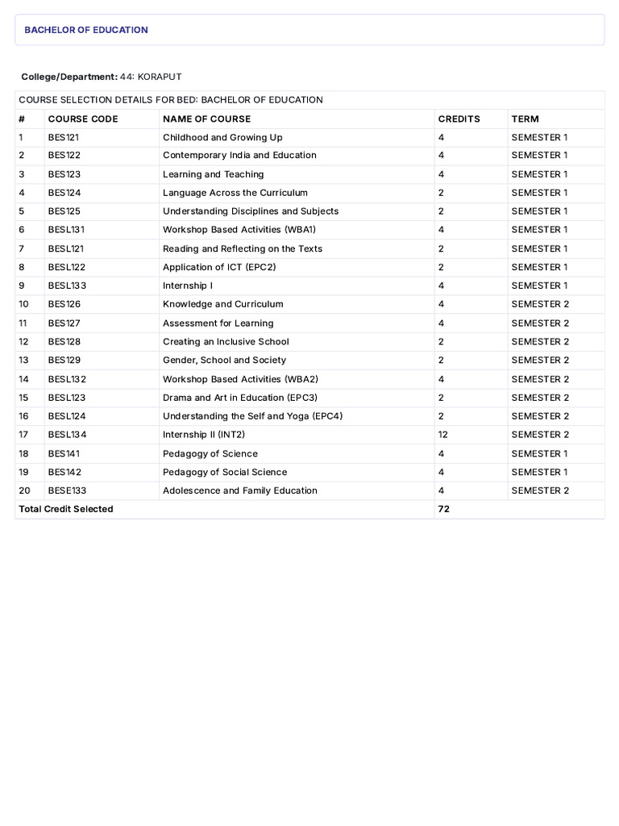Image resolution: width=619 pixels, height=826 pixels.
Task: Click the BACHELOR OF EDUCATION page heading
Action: pyautogui.click(x=86, y=30)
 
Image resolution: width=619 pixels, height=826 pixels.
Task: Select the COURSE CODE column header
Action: pyautogui.click(x=83, y=119)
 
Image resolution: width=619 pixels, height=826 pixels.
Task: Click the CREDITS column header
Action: pyautogui.click(x=459, y=119)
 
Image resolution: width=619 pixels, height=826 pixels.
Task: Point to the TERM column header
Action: pyautogui.click(x=525, y=119)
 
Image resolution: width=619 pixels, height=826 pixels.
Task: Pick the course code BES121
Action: pyautogui.click(x=64, y=137)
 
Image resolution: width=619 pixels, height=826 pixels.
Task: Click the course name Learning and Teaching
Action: pyautogui.click(x=213, y=174)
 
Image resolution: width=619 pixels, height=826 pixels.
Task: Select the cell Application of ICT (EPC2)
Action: pyautogui.click(x=219, y=267)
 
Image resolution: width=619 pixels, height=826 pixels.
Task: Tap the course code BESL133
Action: pyautogui.click(x=67, y=286)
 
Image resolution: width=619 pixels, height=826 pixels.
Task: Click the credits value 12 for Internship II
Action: pyautogui.click(x=443, y=434)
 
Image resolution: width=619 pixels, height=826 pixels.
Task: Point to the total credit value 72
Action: pyautogui.click(x=443, y=509)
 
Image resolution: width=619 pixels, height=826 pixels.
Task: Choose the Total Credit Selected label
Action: pyautogui.click(x=66, y=509)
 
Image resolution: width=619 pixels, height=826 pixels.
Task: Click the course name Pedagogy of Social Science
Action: pyautogui.click(x=225, y=472)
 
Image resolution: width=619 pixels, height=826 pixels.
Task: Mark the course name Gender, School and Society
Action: pyautogui.click(x=224, y=360)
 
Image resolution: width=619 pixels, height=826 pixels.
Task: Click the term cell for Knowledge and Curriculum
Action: pyautogui.click(x=540, y=304)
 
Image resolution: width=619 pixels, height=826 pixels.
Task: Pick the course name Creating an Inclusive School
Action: pyautogui.click(x=226, y=341)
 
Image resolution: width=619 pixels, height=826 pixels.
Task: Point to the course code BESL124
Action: pyautogui.click(x=67, y=416)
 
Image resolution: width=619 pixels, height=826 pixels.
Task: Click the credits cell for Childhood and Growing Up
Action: pyautogui.click(x=441, y=137)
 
